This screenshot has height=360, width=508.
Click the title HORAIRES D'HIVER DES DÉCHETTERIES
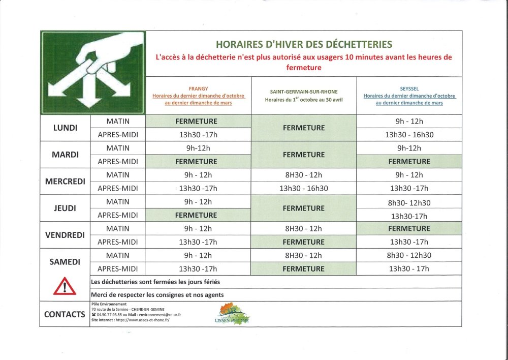tap(303, 44)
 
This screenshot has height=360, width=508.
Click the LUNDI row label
tap(65, 128)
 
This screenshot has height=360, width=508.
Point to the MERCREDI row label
tap(65, 182)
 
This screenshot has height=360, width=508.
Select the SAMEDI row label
tap(65, 262)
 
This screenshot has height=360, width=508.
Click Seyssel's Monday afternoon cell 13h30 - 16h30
tap(409, 135)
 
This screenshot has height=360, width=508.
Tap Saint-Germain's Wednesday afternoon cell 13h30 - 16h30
tap(304, 188)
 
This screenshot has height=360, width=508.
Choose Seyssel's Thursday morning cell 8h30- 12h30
tap(409, 202)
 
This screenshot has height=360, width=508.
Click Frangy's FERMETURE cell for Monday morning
tap(196, 122)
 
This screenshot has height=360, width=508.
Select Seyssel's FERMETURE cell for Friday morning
tap(409, 228)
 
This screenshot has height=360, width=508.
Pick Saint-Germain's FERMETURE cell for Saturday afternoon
tap(304, 268)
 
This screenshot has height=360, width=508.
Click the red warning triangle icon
tap(65, 287)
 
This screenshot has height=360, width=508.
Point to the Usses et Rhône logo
tap(233, 314)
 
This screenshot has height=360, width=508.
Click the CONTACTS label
tap(65, 314)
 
